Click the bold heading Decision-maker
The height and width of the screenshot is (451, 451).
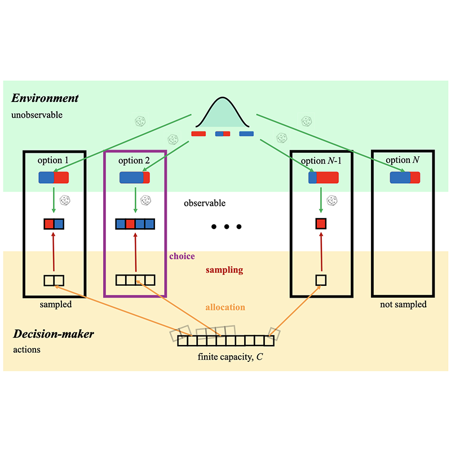[x=53, y=334]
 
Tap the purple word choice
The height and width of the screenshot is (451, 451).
[x=182, y=256]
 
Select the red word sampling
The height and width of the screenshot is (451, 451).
[x=224, y=270]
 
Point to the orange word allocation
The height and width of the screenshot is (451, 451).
[x=225, y=307]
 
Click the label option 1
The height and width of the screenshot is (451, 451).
[x=53, y=161]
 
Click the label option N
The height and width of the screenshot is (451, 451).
[x=403, y=161]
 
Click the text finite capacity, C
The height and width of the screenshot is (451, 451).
[x=225, y=356]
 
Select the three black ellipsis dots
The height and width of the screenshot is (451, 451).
[x=226, y=227]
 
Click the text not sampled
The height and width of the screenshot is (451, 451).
[x=404, y=304]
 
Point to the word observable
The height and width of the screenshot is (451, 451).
[x=205, y=202]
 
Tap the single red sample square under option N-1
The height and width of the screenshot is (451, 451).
[x=321, y=224]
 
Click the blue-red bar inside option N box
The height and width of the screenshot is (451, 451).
[x=405, y=178]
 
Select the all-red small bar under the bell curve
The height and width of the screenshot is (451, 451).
[x=198, y=134]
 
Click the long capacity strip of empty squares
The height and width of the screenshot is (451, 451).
[x=225, y=341]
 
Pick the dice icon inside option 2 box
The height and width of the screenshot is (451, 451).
[x=145, y=200]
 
